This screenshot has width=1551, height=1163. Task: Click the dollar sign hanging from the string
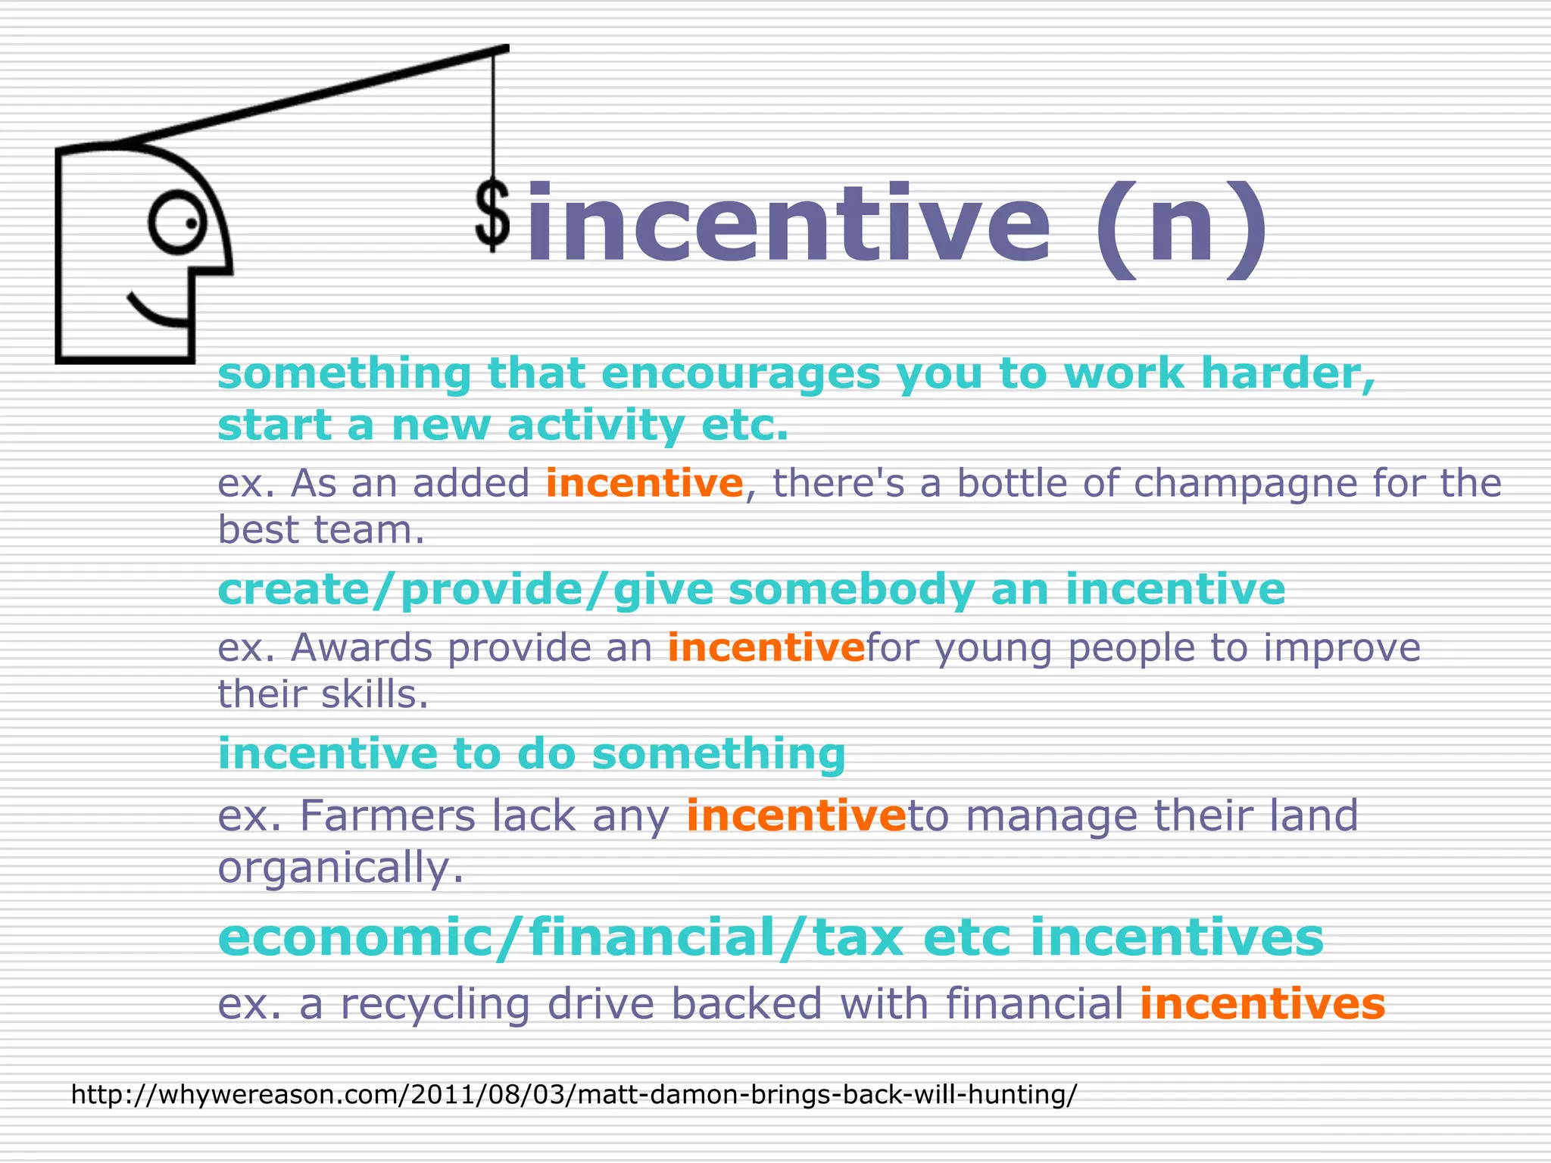(492, 217)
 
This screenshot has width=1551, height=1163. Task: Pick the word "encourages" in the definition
(741, 373)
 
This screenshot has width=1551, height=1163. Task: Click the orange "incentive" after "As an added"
(644, 483)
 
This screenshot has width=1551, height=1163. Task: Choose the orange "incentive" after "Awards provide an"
(766, 647)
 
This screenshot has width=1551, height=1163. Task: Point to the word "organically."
(340, 867)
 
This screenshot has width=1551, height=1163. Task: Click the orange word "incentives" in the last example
(1262, 1004)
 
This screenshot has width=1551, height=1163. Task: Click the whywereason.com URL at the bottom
(573, 1094)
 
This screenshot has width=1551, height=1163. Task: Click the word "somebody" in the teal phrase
(851, 589)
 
